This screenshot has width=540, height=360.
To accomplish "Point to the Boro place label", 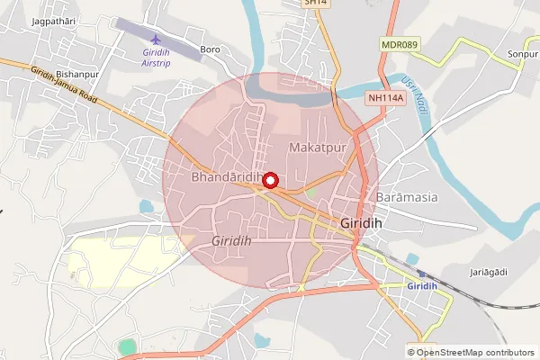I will tap(211, 49).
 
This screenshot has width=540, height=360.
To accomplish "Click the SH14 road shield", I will tap(314, 4).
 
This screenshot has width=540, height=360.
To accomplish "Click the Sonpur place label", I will tap(522, 55).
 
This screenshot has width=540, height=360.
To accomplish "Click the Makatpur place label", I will tap(314, 145).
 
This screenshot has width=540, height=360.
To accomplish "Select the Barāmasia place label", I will tap(408, 196).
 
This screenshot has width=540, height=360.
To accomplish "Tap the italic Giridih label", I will tap(231, 242).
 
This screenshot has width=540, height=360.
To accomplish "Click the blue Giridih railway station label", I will tap(422, 286).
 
